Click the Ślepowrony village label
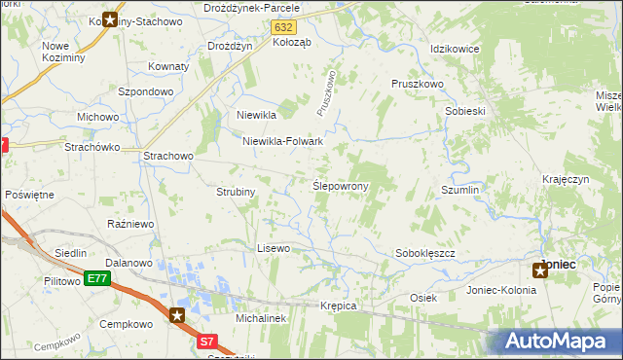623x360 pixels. click(x=340, y=185)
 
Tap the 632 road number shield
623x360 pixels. click(x=282, y=28)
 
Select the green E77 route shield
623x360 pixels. click(x=96, y=279)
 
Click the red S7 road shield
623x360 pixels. click(x=207, y=342)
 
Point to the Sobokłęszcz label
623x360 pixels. click(x=425, y=253)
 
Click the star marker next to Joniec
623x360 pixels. click(x=540, y=270)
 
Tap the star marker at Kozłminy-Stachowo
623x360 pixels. click(x=110, y=19)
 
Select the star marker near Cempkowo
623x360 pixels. click(x=177, y=314)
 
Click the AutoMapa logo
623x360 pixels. click(x=563, y=341)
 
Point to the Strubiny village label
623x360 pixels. click(x=236, y=192)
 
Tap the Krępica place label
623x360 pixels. click(x=339, y=306)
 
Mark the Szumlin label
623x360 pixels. click(x=460, y=191)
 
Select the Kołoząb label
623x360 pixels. click(x=292, y=42)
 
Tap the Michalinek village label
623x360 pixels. click(x=259, y=318)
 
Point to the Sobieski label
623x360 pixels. click(x=464, y=111)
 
